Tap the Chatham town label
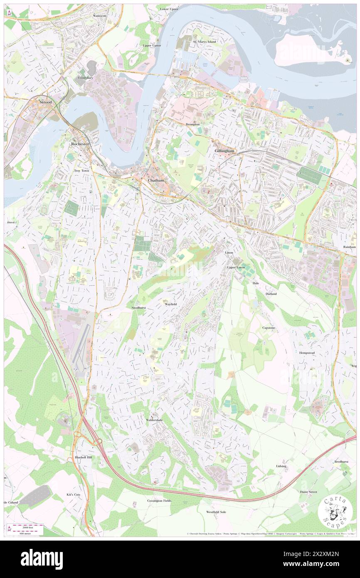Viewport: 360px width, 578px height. coord(156,180)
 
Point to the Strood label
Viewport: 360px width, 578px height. coord(45,102)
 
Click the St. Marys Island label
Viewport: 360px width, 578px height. coord(204,42)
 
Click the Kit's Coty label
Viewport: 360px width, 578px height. coord(74,494)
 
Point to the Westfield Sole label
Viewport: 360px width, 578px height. coord(216,512)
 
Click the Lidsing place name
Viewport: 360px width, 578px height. coord(281,466)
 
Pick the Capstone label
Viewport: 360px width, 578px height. coord(269,328)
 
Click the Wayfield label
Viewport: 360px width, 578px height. coord(170,304)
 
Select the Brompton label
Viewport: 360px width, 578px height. coord(192,124)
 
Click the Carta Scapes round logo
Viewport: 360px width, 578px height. coord(335,512)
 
